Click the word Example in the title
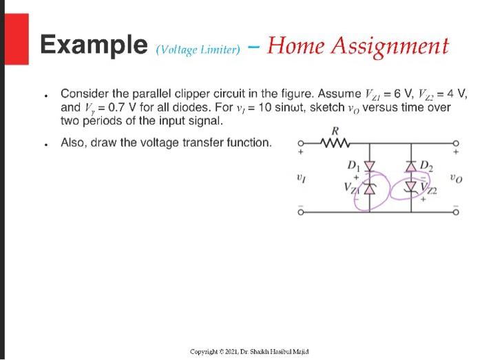(x=93, y=45)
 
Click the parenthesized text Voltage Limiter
(x=198, y=49)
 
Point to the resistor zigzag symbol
(x=335, y=144)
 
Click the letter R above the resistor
(x=335, y=131)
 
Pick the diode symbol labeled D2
(x=411, y=166)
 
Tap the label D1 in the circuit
(x=353, y=165)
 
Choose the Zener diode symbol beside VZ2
(x=411, y=187)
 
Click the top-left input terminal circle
(x=300, y=145)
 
